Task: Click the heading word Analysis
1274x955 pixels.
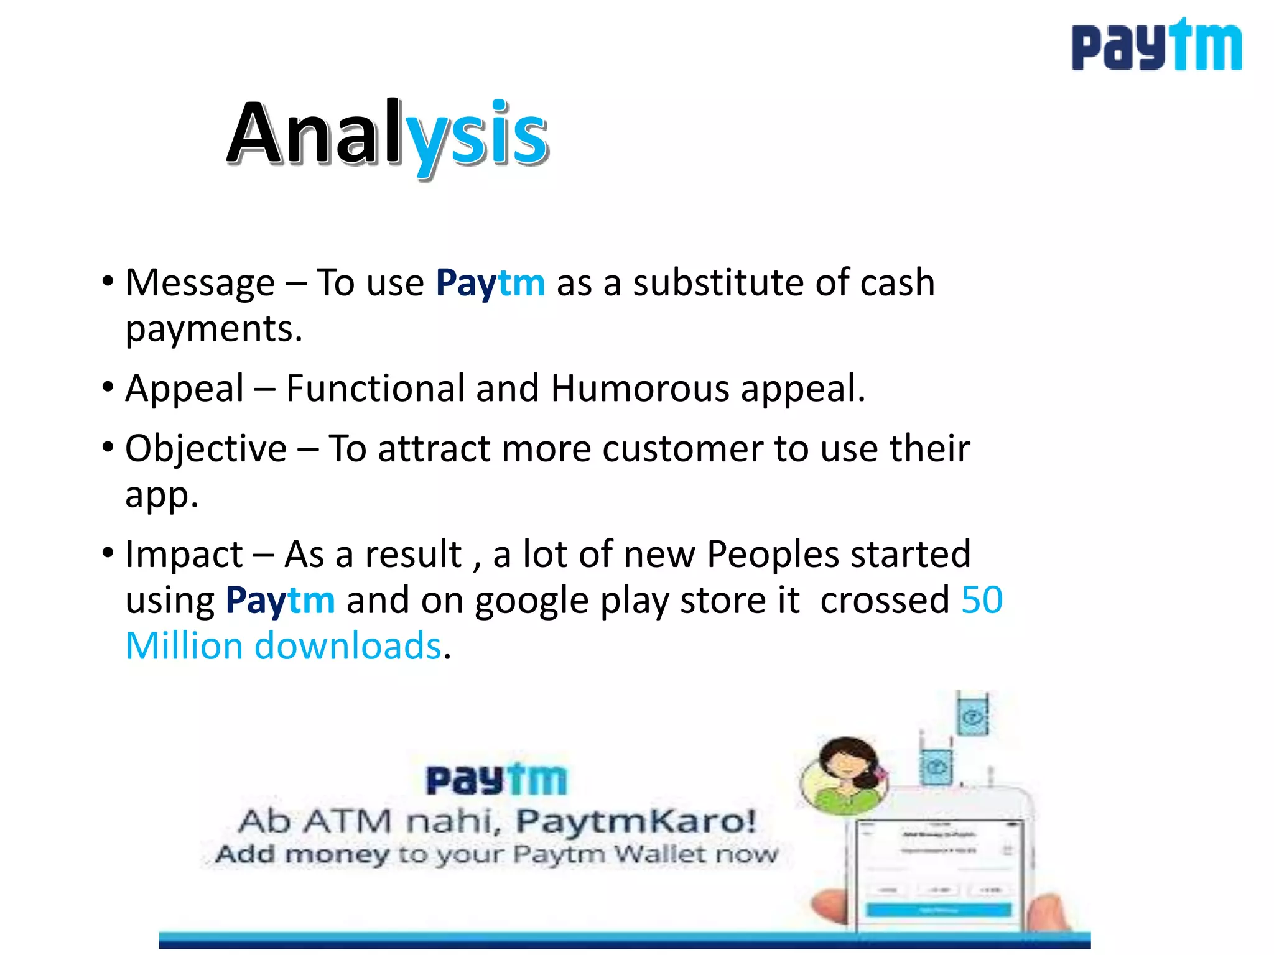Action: click(x=388, y=135)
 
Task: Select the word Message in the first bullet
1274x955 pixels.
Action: click(x=200, y=283)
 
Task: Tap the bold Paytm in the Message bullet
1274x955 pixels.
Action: click(x=490, y=283)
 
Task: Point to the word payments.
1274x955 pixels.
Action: click(x=213, y=330)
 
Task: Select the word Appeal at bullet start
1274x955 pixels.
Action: click(x=184, y=389)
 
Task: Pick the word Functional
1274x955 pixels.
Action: click(x=375, y=389)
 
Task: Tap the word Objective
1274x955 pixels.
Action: click(x=206, y=448)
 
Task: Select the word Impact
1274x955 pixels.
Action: click(x=184, y=554)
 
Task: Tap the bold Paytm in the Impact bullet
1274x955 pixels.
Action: click(x=280, y=601)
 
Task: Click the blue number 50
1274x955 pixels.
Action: click(x=982, y=600)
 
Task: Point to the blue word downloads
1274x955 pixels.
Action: click(x=348, y=646)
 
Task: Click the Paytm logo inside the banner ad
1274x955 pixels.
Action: click(x=496, y=780)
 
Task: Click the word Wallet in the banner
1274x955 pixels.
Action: click(x=661, y=854)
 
